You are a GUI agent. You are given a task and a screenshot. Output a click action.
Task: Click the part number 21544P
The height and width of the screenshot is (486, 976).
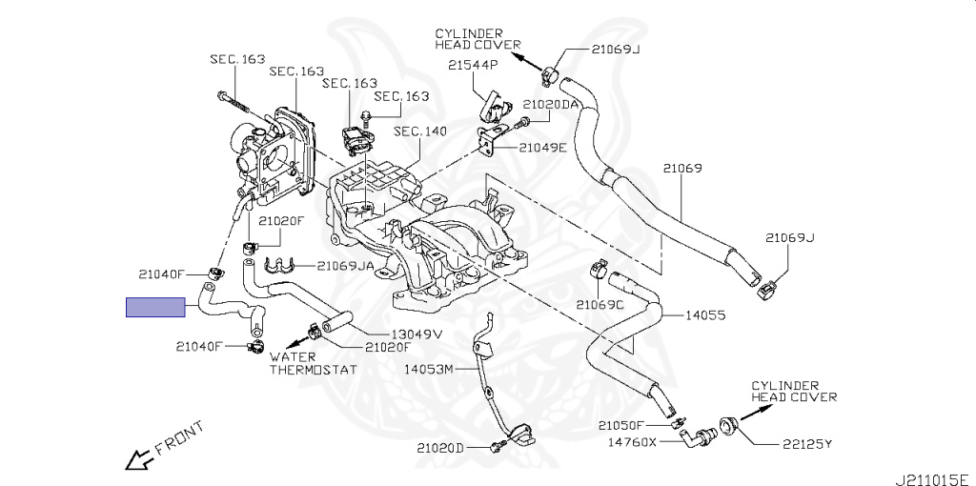tap(474, 65)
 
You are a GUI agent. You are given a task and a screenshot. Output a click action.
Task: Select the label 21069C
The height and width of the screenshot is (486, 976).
tap(600, 305)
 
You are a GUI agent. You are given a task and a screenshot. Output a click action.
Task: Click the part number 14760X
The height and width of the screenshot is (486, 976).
tap(632, 442)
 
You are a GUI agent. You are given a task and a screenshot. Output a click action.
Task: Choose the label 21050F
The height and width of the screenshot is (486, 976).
tap(622, 425)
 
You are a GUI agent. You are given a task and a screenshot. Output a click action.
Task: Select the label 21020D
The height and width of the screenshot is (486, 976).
tap(440, 448)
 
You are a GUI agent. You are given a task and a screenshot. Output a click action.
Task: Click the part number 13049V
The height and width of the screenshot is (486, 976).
tap(417, 334)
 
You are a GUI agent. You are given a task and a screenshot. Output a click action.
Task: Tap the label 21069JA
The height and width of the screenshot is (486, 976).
tap(347, 266)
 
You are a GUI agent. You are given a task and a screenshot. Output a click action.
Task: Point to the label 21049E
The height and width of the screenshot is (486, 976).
tap(543, 148)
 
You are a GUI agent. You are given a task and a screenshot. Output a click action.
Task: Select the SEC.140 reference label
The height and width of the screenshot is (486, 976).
tap(420, 132)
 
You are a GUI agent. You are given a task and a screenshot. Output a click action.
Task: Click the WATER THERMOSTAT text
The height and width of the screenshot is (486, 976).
tap(312, 363)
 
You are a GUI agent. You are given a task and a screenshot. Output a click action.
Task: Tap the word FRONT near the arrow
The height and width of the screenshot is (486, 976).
tap(179, 437)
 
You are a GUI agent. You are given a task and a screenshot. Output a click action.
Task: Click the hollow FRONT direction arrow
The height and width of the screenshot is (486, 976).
tap(138, 458)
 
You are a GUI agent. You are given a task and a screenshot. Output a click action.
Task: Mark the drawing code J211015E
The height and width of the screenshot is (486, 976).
tap(930, 477)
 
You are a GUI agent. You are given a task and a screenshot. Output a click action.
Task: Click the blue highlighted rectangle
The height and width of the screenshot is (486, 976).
tap(156, 307)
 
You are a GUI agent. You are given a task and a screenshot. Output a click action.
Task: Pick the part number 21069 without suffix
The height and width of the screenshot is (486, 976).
tap(682, 169)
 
